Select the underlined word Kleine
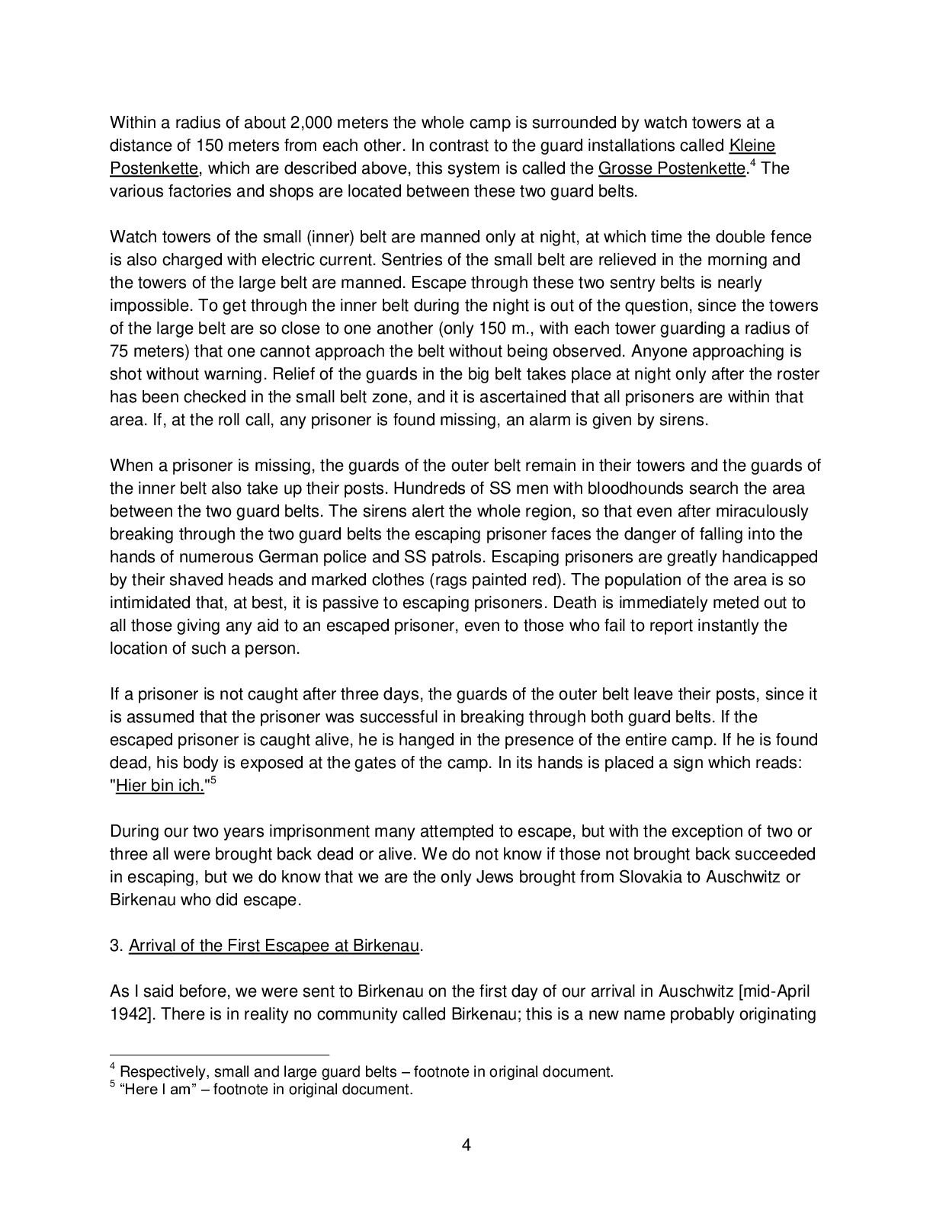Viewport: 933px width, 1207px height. (x=752, y=146)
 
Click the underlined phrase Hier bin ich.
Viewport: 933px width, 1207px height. (x=159, y=786)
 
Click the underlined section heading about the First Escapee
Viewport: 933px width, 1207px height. (x=274, y=946)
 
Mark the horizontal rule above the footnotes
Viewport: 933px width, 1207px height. (x=220, y=1055)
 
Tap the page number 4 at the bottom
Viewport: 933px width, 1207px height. (x=466, y=1145)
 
